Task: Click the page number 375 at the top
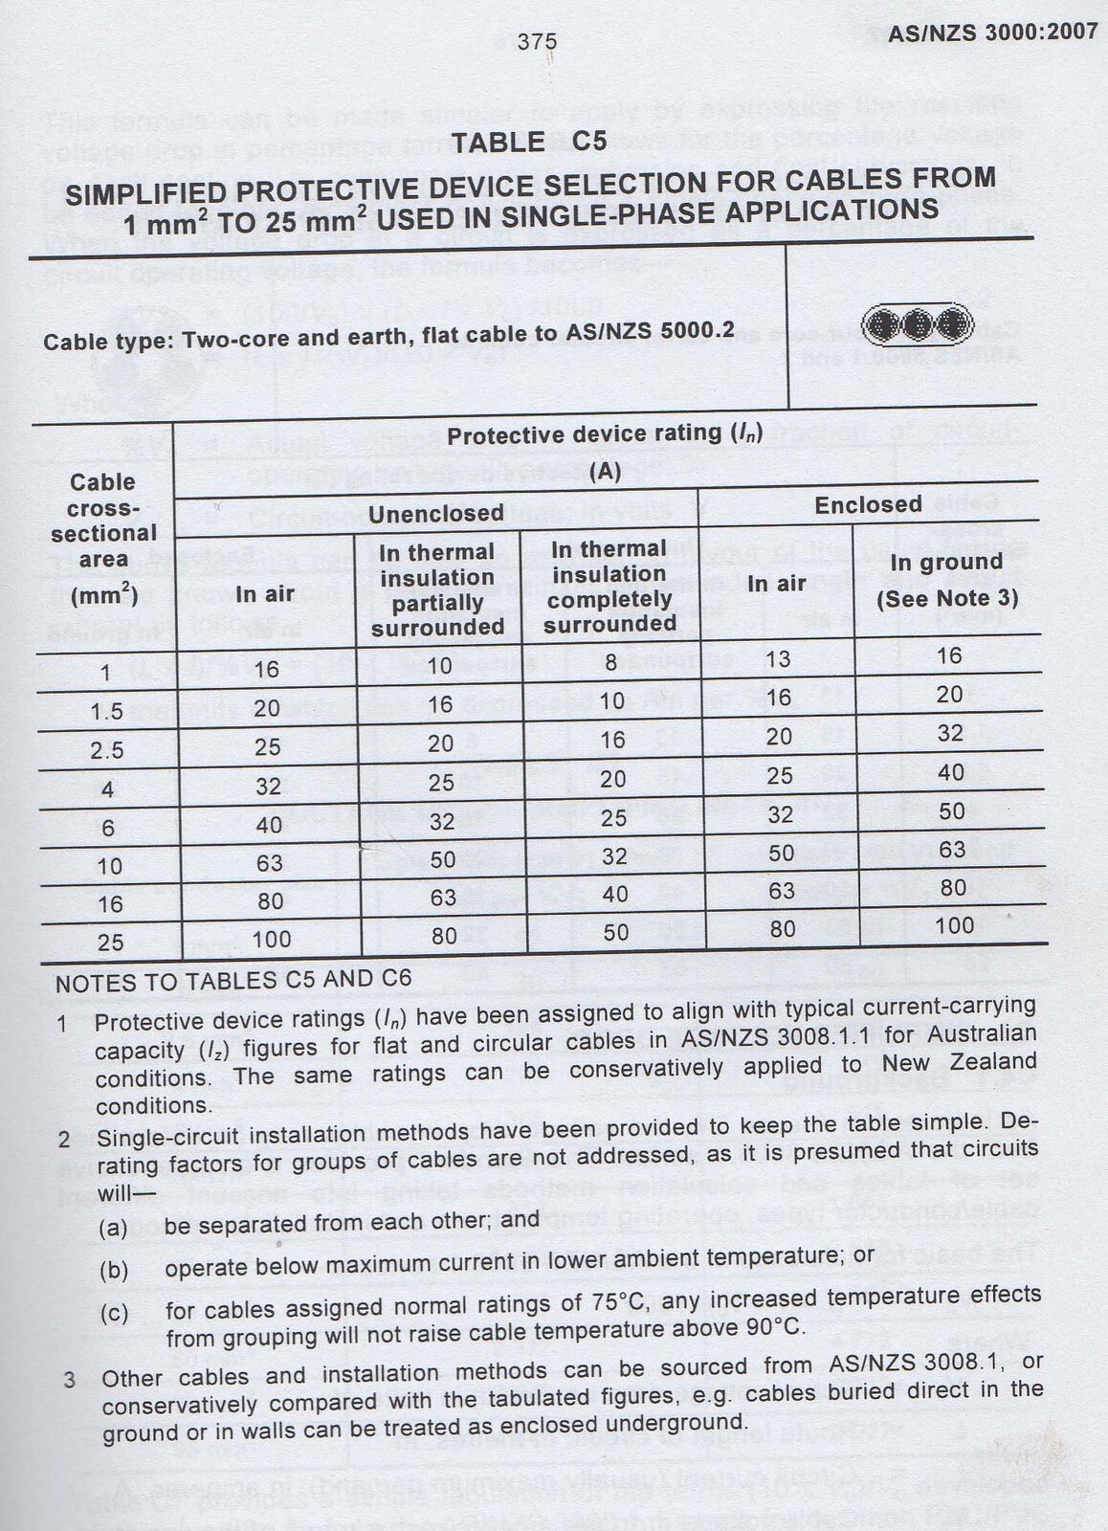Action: tap(537, 42)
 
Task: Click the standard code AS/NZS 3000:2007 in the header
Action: tap(992, 33)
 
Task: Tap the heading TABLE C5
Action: tap(529, 143)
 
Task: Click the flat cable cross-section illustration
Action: tap(917, 325)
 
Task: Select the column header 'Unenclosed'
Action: tap(435, 514)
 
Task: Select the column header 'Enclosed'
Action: tap(868, 505)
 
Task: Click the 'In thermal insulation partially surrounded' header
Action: tap(437, 589)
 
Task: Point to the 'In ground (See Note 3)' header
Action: tap(947, 580)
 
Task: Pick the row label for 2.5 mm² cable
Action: tap(107, 750)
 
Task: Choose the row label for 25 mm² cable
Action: tap(111, 943)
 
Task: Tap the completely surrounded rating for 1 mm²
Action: tap(610, 661)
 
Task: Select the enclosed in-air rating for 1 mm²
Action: tap(779, 659)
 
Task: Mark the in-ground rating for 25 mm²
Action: tap(954, 926)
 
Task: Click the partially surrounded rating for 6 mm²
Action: tap(442, 822)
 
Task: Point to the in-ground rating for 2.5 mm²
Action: tap(950, 733)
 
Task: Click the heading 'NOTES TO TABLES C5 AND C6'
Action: tap(233, 980)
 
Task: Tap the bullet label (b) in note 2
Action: tap(114, 1271)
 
